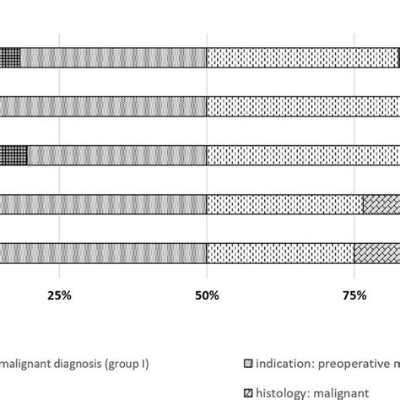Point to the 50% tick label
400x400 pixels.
pyautogui.click(x=207, y=295)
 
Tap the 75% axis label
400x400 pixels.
pyautogui.click(x=355, y=295)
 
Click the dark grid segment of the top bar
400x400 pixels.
pyautogui.click(x=9, y=57)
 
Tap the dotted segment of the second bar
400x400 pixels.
pyautogui.click(x=303, y=106)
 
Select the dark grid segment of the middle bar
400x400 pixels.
pyautogui.click(x=13, y=155)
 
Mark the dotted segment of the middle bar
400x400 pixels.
pyautogui.click(x=303, y=155)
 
